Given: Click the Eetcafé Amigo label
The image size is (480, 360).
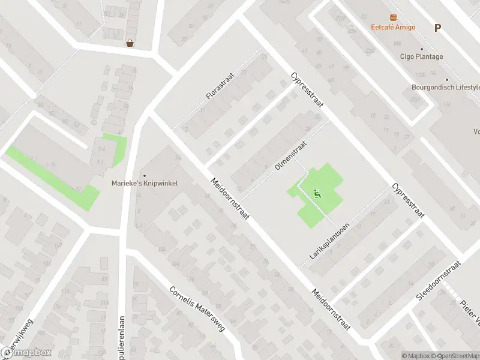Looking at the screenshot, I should (x=393, y=28).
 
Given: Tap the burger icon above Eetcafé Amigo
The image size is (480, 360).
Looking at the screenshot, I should (x=393, y=17).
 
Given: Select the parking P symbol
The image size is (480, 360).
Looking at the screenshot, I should (x=437, y=27).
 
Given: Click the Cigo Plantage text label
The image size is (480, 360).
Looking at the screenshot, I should (x=421, y=57).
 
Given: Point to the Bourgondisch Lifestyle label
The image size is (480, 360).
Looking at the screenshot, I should (x=446, y=87).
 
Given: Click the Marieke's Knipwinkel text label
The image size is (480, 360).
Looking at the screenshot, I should (x=144, y=183).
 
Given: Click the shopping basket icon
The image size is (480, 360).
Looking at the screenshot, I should (x=130, y=43).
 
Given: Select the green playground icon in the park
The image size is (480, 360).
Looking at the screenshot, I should (x=316, y=193).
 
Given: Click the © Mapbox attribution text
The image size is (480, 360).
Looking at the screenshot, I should (x=416, y=356).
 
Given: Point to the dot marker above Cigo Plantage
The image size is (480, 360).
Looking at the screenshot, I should (x=421, y=49).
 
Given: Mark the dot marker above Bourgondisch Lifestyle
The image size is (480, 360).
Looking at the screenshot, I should (x=446, y=79).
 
